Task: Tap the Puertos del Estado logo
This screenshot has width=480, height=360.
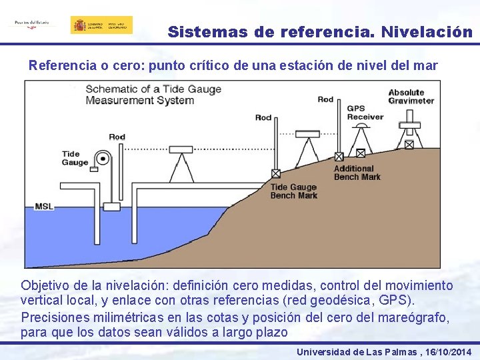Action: pos(31,23)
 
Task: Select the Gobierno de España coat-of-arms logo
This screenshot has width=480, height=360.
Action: pos(101,25)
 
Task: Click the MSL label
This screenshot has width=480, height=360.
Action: pos(44,206)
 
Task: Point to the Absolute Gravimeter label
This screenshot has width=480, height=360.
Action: pos(411,96)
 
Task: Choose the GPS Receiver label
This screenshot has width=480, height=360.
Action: pos(365,112)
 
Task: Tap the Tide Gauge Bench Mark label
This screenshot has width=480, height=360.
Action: pos(293,191)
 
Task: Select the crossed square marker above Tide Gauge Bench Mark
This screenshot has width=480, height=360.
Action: pos(276,173)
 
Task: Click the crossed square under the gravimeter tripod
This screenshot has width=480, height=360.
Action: pos(409,144)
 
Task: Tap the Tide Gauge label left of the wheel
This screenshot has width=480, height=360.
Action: pos(75,158)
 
